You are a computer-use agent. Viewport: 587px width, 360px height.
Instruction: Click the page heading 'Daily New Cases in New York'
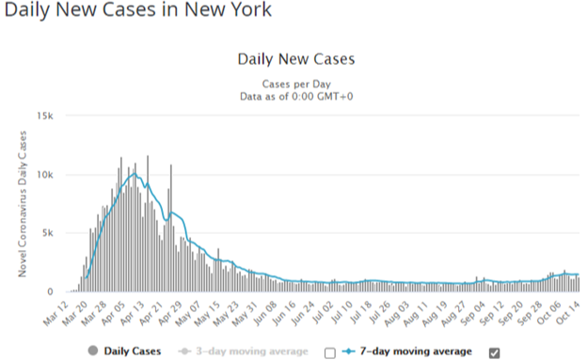137,9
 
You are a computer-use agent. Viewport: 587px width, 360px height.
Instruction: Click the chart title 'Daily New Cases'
296,59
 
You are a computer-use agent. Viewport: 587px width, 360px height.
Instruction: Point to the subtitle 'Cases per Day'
296,84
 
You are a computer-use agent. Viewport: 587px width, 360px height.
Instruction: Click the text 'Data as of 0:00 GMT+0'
296,97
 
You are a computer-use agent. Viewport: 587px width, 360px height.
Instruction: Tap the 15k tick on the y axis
45,116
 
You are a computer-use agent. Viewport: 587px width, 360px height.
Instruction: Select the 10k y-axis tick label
45,175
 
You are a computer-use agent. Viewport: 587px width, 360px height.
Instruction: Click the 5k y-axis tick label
48,233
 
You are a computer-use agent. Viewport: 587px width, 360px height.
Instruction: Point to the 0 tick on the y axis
50,292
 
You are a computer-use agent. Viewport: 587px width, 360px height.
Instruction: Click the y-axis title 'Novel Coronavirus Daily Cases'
23,204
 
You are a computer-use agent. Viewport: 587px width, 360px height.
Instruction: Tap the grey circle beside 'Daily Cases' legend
93,351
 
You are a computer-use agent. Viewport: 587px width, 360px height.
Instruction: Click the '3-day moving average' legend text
252,352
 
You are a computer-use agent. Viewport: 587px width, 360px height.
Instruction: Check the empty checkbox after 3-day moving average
330,352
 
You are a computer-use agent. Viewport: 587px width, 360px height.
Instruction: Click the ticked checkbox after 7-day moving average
494,352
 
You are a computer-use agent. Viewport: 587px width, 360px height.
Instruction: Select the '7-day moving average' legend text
416,352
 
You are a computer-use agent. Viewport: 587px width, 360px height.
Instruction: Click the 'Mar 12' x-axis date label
56,313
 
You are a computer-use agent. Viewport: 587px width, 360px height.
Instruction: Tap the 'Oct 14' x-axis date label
568,313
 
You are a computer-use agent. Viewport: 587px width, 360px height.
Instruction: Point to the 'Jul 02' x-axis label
323,312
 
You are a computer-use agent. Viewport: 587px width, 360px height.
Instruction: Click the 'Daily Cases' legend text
133,351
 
